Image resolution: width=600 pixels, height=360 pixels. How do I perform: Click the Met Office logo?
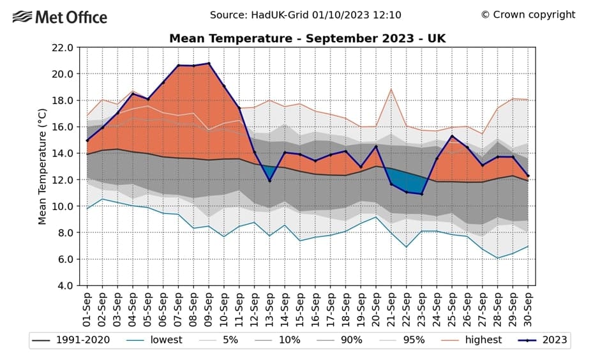60,17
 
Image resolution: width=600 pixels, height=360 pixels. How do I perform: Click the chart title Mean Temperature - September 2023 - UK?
307,38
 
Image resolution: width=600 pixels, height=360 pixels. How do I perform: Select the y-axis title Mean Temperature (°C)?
42,166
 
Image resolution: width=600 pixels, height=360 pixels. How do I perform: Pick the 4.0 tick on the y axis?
64,285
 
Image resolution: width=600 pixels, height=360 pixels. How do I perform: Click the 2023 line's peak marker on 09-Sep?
209,63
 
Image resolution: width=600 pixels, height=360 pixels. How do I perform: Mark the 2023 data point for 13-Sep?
269,181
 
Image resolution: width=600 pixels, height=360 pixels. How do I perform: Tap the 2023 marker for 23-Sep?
422,194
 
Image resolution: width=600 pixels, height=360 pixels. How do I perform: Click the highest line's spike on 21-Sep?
391,89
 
